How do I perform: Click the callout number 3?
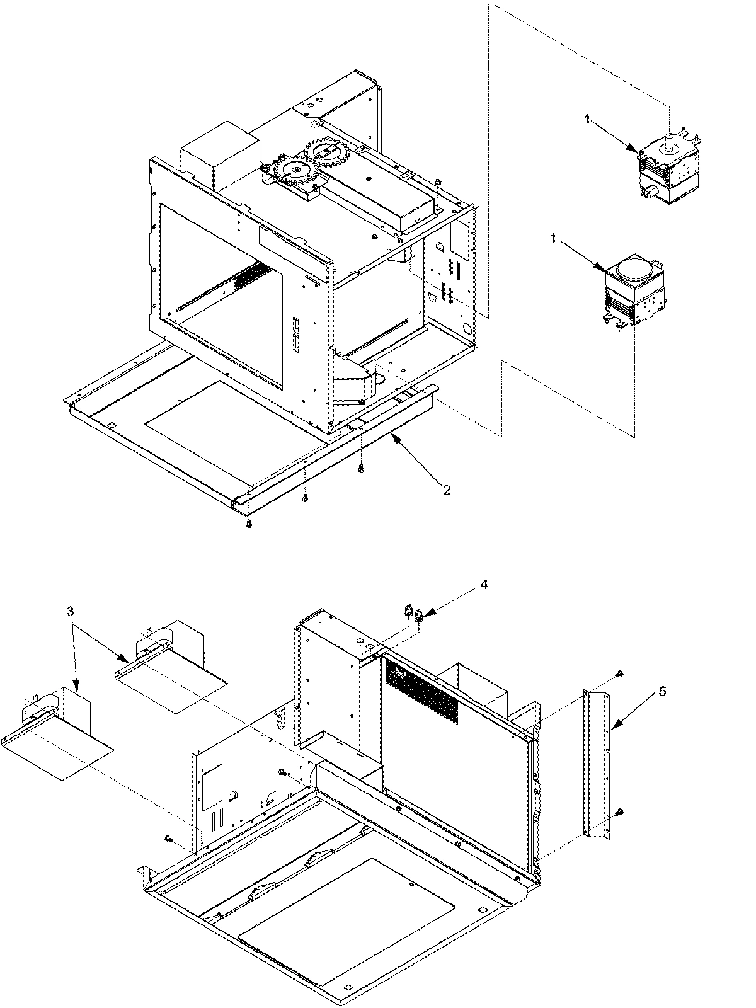(71, 611)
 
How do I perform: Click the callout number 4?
(483, 584)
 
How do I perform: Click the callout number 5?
(662, 691)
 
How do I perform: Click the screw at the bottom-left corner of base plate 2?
(249, 524)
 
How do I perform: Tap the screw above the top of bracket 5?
(620, 675)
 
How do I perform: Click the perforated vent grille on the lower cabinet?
(422, 693)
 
